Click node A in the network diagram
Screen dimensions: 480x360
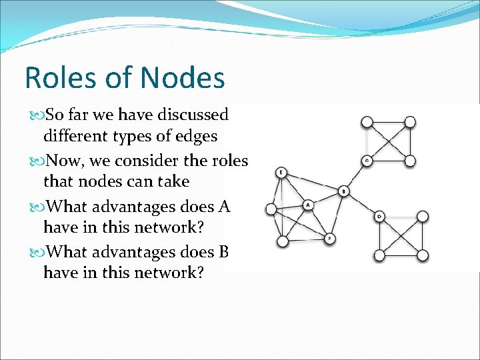(308, 205)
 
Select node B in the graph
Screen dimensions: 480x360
(343, 191)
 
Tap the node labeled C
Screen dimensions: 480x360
(367, 161)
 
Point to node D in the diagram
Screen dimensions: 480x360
(379, 216)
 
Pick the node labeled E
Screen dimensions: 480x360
(281, 173)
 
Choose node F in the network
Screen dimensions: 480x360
(330, 238)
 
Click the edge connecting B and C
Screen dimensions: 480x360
(355, 176)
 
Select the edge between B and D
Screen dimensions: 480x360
(361, 203)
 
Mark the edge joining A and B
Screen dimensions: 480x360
(326, 198)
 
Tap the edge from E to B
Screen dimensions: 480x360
(312, 182)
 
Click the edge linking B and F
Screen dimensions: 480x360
(337, 215)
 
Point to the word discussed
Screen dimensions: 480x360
(193, 115)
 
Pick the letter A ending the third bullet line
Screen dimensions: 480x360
(223, 207)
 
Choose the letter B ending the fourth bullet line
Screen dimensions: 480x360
(223, 252)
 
